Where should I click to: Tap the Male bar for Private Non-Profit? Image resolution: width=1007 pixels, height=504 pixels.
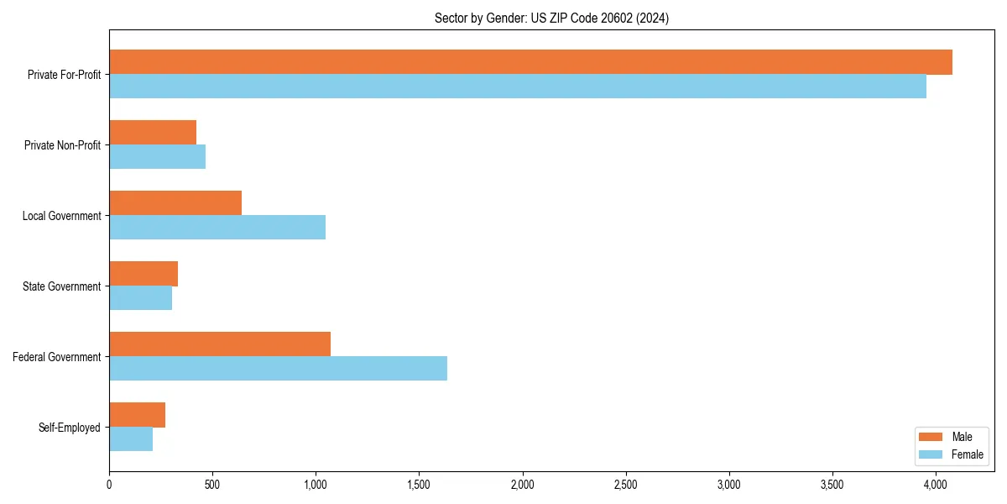153,133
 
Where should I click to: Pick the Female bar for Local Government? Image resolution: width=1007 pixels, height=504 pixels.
217,228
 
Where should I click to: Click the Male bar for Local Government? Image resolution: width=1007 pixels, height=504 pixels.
175,203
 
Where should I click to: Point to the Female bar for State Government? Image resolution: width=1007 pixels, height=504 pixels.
141,298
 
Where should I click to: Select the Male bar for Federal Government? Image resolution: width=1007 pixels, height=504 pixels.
220,344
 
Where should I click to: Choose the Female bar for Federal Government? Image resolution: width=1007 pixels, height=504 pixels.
278,369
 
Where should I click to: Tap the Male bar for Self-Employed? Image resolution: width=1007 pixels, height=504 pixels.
138,415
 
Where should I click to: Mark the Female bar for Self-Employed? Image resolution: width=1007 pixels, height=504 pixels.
131,439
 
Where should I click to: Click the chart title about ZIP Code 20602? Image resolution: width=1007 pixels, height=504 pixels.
551,18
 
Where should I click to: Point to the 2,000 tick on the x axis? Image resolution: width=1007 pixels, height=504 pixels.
523,485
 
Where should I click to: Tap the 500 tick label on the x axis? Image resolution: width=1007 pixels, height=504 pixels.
212,485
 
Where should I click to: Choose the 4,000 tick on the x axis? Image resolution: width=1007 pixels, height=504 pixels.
936,485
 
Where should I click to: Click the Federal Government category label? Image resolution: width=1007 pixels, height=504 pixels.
57,357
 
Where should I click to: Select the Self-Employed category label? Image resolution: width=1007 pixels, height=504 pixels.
70,428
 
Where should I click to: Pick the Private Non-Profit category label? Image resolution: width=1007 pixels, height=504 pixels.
62,145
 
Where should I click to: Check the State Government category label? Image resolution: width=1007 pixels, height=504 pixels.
61,286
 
